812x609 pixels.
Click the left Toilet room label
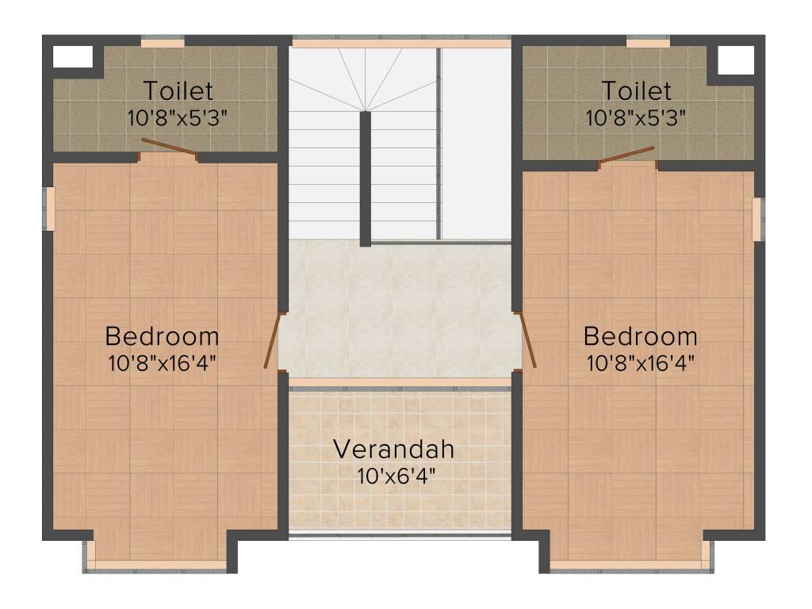pyautogui.click(x=178, y=90)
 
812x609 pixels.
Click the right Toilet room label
pyautogui.click(x=636, y=90)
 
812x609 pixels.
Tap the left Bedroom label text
pyautogui.click(x=162, y=336)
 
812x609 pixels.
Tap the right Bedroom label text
pyautogui.click(x=641, y=336)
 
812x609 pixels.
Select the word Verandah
pyautogui.click(x=393, y=449)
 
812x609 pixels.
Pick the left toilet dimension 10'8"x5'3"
pyautogui.click(x=178, y=118)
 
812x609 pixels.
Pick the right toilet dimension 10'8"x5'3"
pyautogui.click(x=636, y=118)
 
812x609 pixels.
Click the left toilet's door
pyautogui.click(x=169, y=147)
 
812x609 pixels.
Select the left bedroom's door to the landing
pyautogui.click(x=272, y=342)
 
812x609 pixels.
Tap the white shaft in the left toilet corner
pyautogui.click(x=72, y=57)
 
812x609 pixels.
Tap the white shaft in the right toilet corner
pyautogui.click(x=735, y=59)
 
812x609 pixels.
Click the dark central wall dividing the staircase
pyautogui.click(x=366, y=178)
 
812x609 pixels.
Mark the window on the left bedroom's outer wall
pyautogui.click(x=48, y=209)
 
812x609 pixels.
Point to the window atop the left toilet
pyautogui.click(x=163, y=42)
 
